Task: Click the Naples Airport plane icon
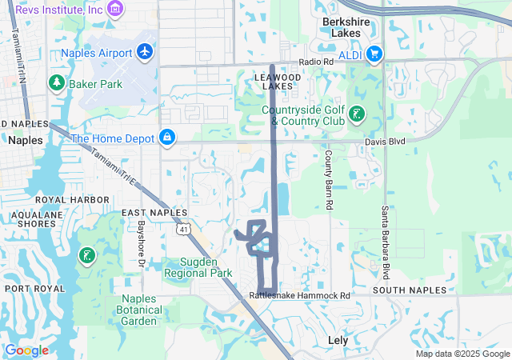click(x=145, y=52)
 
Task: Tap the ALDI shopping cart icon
click(x=374, y=54)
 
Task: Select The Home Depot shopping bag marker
click(x=167, y=138)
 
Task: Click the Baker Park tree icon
click(x=57, y=82)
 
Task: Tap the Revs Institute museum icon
click(x=117, y=9)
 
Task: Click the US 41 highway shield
click(x=183, y=230)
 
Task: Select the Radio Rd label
click(x=316, y=62)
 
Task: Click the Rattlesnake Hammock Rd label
click(x=300, y=295)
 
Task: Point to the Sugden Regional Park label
click(x=197, y=267)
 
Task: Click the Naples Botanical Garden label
click(x=137, y=310)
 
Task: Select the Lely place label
click(x=338, y=339)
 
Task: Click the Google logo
click(x=26, y=350)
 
